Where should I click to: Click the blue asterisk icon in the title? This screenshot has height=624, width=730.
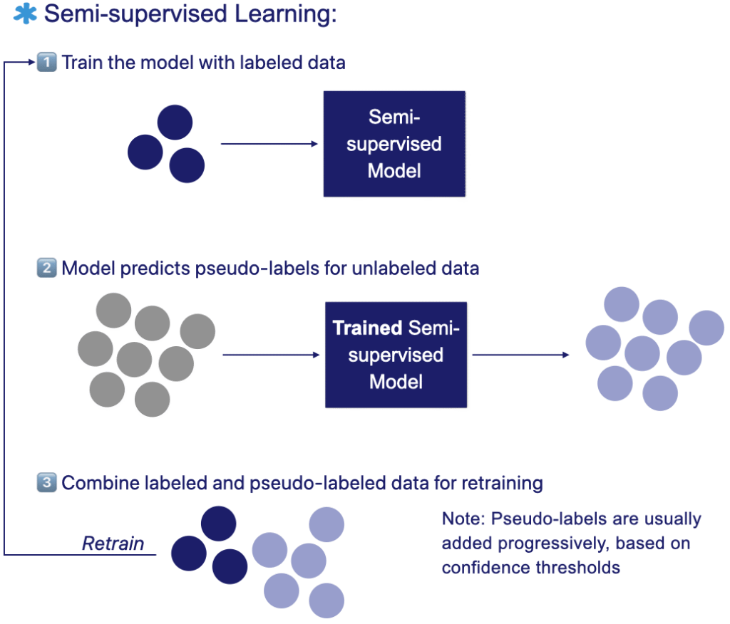(25, 14)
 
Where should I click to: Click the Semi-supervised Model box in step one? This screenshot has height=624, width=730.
(394, 144)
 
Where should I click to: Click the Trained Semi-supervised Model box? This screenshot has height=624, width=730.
(396, 355)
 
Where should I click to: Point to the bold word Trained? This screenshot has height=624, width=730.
(367, 328)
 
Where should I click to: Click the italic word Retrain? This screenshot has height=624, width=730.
(113, 544)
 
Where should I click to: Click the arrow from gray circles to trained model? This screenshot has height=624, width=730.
(270, 354)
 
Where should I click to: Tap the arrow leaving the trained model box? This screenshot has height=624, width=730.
(520, 354)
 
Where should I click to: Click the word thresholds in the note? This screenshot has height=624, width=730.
(578, 568)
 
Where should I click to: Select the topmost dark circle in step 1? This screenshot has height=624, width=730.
(175, 123)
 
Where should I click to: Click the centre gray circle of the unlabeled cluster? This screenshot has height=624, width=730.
(135, 360)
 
